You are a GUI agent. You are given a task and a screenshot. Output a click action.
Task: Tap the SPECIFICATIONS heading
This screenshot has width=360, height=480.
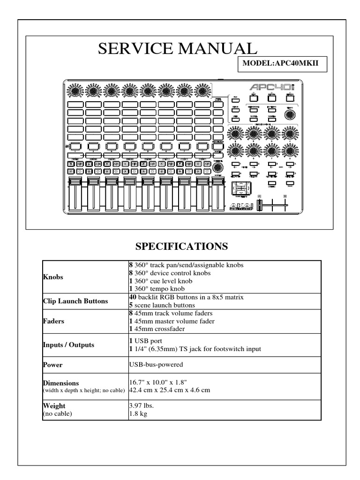coord(180,246)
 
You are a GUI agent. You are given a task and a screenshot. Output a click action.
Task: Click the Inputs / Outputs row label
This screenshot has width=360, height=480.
coord(68,345)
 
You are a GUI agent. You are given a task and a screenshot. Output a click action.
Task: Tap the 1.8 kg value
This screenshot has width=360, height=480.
coord(138,414)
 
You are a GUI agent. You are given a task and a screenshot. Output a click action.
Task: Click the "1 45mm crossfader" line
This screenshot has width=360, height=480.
coord(158,329)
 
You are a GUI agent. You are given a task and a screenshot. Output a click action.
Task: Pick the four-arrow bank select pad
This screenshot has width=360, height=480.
coord(240,188)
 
